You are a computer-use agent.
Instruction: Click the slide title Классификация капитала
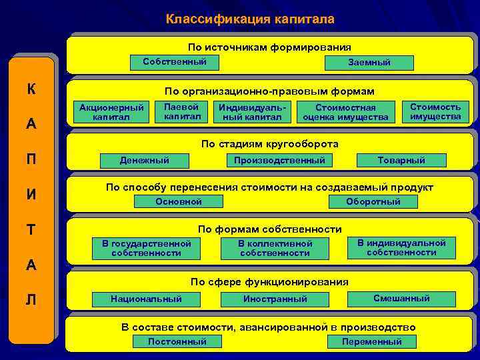point(250,19)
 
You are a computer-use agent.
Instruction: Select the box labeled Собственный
point(175,62)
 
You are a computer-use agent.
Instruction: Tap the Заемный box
point(369,63)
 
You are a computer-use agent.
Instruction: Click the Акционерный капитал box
point(111,113)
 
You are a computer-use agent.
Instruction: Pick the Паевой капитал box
point(182,111)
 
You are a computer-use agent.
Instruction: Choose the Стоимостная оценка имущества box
point(345,113)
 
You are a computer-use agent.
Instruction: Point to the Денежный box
point(144,160)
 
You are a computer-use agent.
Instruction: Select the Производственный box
point(279,161)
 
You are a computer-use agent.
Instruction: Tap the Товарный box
point(401,161)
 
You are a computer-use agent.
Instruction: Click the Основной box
point(178,202)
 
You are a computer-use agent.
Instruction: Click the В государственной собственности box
point(146,249)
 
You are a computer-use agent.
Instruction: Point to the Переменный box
point(372,342)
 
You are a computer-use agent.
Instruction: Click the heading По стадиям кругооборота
point(270,144)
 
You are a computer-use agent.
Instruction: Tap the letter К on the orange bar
point(31,89)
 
